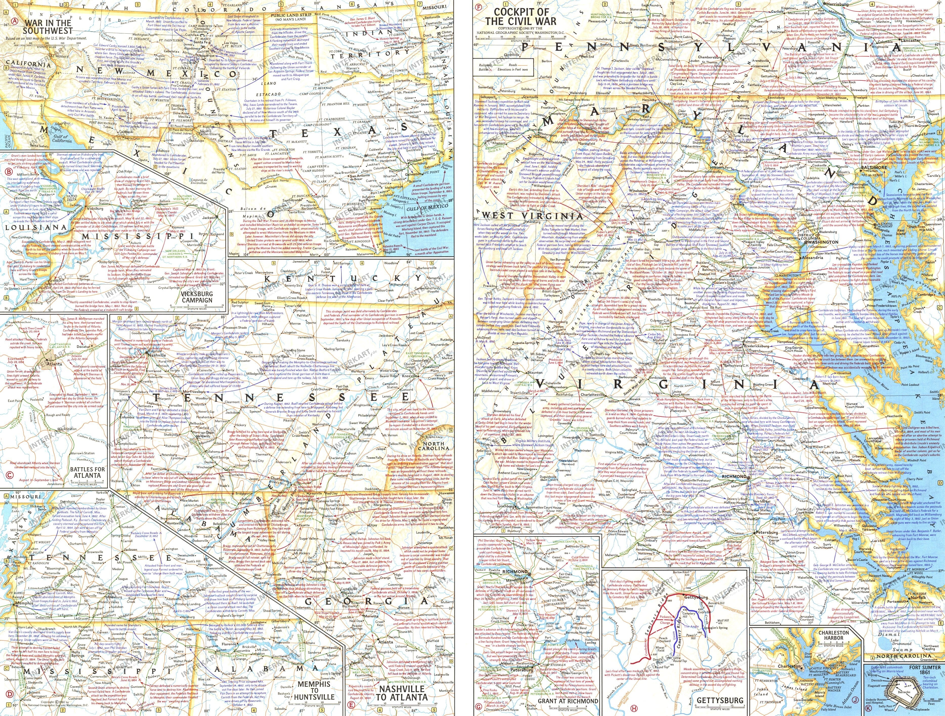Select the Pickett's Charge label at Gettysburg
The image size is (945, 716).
[665, 619]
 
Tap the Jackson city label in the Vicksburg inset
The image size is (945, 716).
[209, 218]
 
